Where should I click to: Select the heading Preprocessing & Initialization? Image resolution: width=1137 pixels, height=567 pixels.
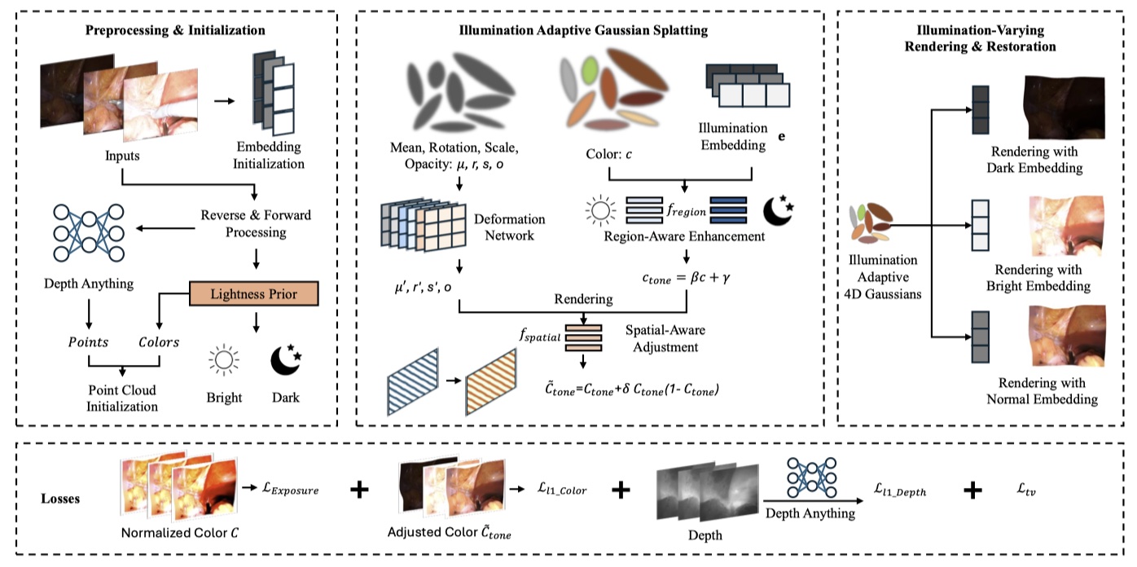176,31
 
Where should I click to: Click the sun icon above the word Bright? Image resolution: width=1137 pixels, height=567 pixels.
223,360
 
